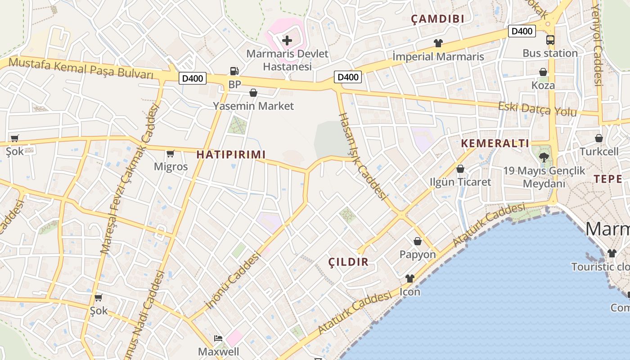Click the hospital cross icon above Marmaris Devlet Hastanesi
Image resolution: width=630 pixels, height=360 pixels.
[287, 41]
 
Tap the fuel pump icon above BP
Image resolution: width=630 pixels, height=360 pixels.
[234, 71]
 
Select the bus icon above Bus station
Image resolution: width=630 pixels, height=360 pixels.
[550, 40]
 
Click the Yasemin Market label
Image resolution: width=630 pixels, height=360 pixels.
[253, 106]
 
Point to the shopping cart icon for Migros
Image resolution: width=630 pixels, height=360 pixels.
[170, 154]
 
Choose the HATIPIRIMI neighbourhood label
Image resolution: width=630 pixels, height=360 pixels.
[231, 154]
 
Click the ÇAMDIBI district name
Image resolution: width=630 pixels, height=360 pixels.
[438, 19]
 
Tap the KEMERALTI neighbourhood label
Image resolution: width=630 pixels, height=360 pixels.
[495, 144]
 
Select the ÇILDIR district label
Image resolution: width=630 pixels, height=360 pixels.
[348, 262]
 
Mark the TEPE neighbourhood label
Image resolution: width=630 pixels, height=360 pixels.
[608, 179]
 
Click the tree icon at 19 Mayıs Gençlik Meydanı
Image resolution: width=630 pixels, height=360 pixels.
[544, 157]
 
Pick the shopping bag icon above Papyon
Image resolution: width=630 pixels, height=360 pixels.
[418, 241]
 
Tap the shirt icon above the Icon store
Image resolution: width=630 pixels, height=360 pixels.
[409, 279]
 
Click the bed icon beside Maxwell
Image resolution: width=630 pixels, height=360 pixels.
[218, 338]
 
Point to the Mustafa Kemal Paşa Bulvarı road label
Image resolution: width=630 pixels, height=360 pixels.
[81, 67]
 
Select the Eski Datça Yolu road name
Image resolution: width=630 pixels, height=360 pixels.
[537, 109]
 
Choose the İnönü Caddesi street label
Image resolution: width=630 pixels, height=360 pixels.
[234, 281]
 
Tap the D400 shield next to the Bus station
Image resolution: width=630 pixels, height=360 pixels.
[522, 31]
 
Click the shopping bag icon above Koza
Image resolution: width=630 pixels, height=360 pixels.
[543, 72]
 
